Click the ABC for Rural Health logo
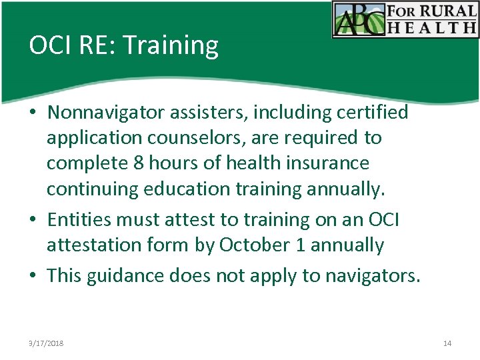pos(405,19)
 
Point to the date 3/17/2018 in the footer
pos(46,343)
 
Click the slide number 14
pos(447,343)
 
